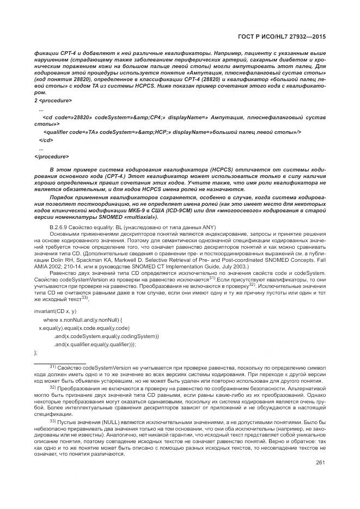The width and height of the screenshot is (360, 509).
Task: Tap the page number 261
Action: coord(320,463)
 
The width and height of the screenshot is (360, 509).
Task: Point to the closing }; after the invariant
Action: coord(36,353)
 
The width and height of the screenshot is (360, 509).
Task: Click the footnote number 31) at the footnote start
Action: coord(53,367)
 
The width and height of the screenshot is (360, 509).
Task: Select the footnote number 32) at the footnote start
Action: coord(53,387)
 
